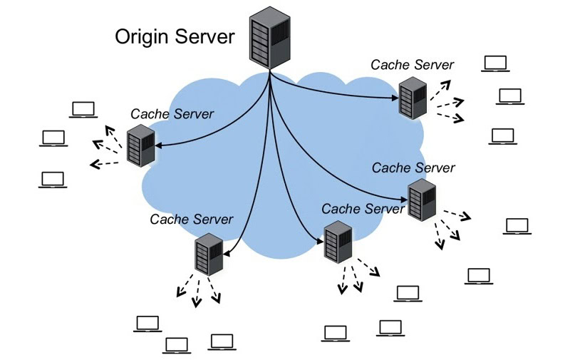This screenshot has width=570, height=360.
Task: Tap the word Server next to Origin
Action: pyautogui.click(x=206, y=36)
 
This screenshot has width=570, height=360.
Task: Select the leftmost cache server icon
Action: pyautogui.click(x=139, y=145)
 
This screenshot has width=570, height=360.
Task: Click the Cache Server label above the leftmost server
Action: pyautogui.click(x=172, y=113)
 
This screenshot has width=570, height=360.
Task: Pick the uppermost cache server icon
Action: pyautogui.click(x=412, y=97)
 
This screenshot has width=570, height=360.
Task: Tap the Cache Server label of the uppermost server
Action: pyautogui.click(x=412, y=64)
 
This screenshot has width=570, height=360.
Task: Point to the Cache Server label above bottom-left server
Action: pyautogui.click(x=191, y=219)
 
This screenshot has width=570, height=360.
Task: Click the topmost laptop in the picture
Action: pyautogui.click(x=494, y=63)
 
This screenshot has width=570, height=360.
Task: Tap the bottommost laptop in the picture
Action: pyautogui.click(x=177, y=346)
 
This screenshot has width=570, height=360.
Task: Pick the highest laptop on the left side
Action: pyautogui.click(x=83, y=110)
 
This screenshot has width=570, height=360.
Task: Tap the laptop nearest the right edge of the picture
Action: pyautogui.click(x=517, y=227)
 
